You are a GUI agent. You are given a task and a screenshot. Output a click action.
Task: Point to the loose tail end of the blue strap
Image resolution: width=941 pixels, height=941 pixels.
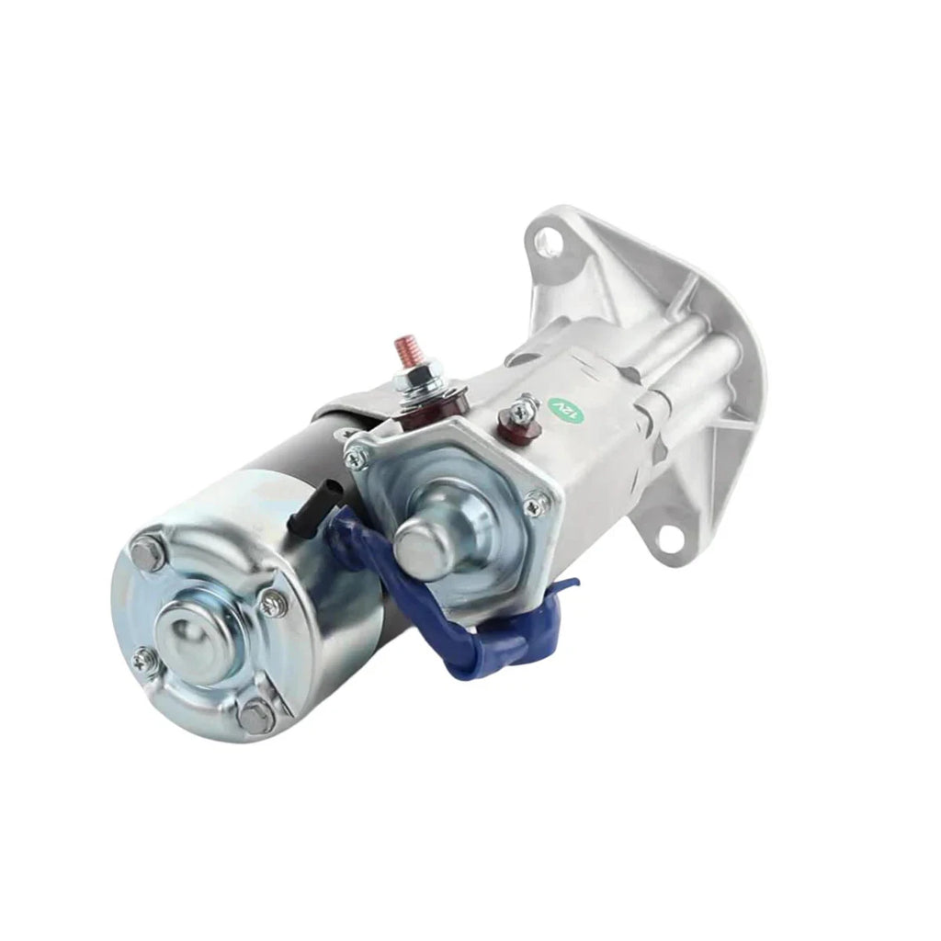coord(561,588)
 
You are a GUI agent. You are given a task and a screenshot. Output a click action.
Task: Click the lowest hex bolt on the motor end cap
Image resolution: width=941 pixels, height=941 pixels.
coord(257,715)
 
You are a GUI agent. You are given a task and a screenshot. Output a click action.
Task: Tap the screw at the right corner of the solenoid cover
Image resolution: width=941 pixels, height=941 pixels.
coord(535,504)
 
